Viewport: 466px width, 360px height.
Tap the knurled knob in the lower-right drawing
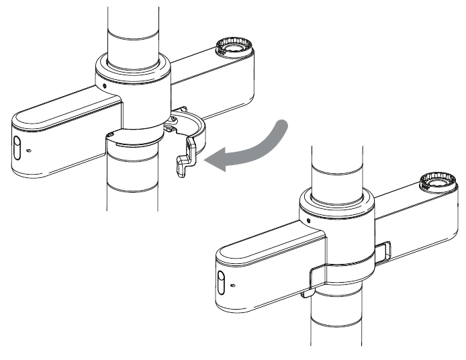tap(437, 182)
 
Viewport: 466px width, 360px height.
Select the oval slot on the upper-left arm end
tap(17, 146)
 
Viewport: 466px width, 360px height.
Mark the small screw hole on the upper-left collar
tap(103, 86)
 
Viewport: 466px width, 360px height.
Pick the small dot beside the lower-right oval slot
tap(232, 285)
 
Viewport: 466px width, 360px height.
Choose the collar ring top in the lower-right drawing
tap(338, 199)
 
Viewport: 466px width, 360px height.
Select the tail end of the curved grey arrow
tap(285, 125)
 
